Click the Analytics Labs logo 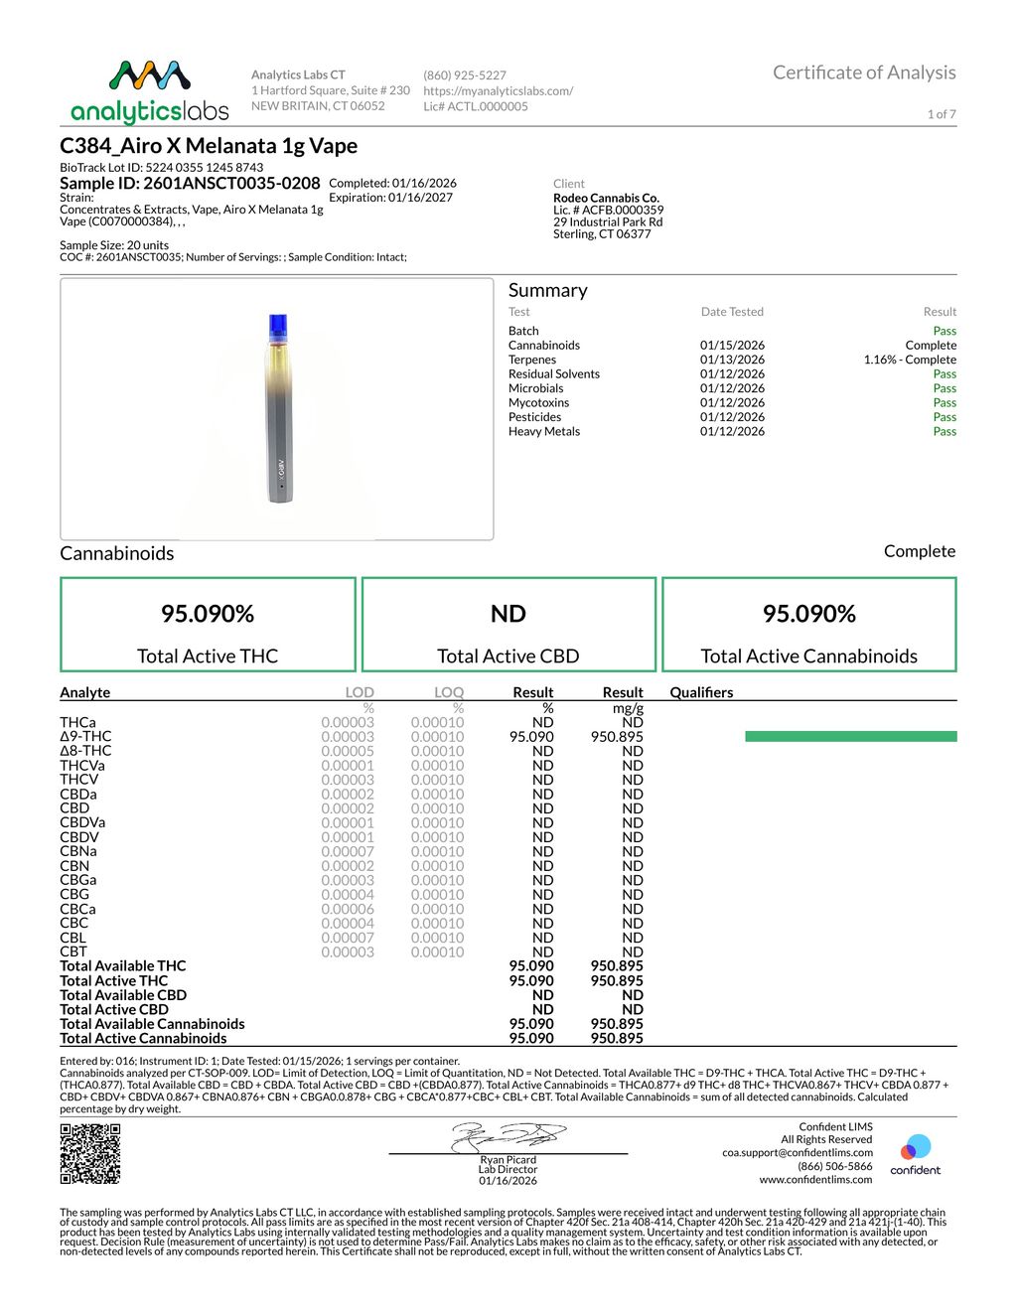149,91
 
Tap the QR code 90,1153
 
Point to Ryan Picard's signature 508,1136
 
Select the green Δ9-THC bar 850,737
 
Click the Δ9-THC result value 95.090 531,737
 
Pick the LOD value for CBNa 348,851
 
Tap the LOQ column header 448,692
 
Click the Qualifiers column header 701,692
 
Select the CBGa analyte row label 78,880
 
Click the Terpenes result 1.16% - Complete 910,360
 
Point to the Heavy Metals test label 544,431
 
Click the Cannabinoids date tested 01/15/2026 732,346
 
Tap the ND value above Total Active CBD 508,614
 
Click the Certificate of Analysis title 864,73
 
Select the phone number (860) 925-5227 465,75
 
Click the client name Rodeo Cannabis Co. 606,198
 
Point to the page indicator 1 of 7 942,114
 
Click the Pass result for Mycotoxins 944,402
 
